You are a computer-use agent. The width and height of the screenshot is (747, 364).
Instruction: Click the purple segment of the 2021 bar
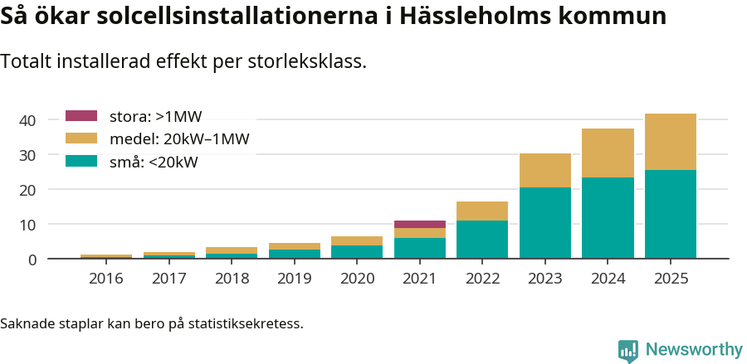[420, 224]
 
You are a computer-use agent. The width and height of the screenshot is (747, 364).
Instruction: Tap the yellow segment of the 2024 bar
[608, 153]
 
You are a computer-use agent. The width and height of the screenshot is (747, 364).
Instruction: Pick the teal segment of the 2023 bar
[545, 222]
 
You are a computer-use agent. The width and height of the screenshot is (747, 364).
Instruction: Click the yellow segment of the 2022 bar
[482, 211]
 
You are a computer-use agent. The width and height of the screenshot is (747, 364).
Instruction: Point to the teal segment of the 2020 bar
[357, 251]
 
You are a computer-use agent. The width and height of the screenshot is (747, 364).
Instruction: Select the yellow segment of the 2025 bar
[671, 142]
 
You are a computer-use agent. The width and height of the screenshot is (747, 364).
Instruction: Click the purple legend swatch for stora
[81, 116]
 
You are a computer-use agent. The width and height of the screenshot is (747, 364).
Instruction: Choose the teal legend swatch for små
[81, 162]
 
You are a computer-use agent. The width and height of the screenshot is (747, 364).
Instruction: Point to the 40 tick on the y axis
[27, 120]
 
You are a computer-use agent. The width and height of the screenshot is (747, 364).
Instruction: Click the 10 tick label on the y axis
[27, 225]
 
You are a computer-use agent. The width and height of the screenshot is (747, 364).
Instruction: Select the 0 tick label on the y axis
[32, 260]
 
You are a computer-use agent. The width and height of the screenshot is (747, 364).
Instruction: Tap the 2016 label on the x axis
[105, 279]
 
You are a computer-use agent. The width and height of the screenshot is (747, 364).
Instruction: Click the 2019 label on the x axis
[294, 279]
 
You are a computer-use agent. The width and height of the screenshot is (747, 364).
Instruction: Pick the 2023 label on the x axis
[545, 279]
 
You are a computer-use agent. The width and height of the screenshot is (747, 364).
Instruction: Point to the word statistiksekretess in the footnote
[245, 323]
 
